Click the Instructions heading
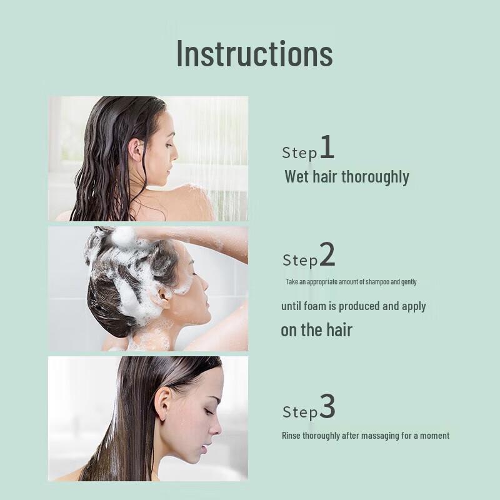254,54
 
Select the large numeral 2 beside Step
327,255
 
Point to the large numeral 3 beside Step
327,407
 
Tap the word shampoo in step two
374,282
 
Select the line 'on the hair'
316,330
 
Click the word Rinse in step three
291,436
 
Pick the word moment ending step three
433,436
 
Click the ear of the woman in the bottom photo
162,406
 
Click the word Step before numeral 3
300,412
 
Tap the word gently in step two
409,282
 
